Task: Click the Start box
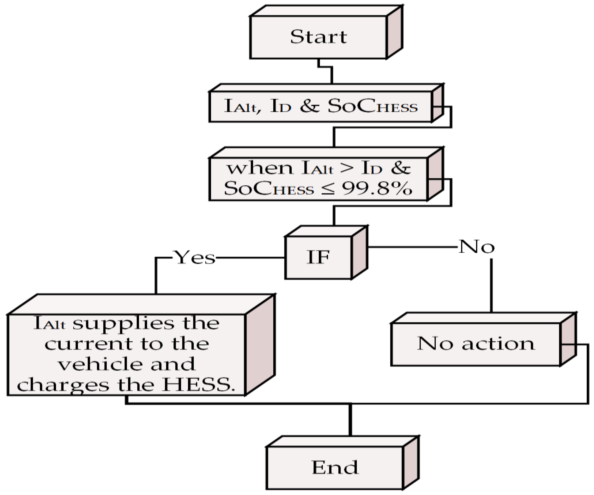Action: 318,37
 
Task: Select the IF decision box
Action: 318,257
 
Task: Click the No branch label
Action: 476,247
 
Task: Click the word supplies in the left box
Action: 123,323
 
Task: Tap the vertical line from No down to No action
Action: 491,286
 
